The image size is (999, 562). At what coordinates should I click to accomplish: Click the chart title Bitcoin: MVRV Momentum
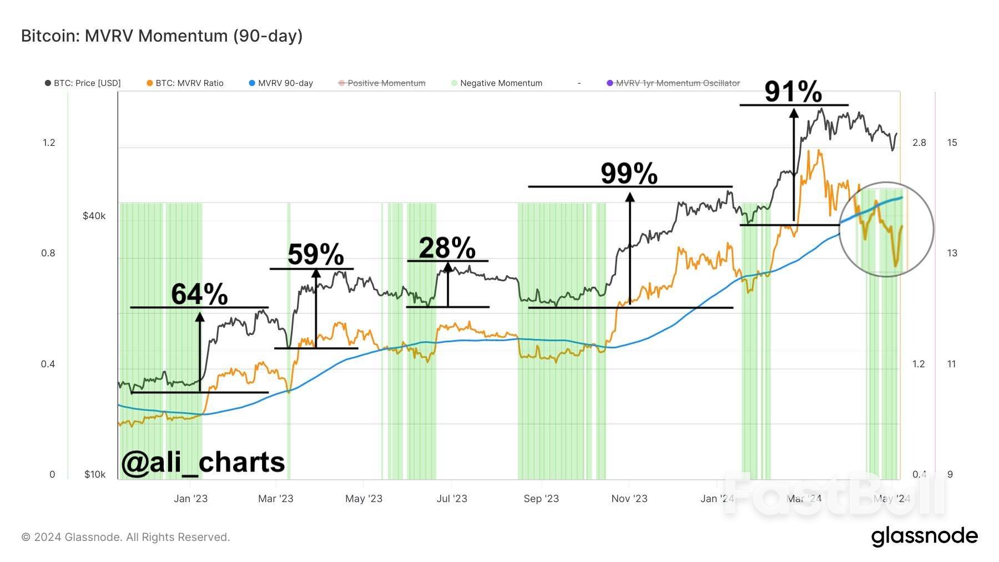(x=162, y=36)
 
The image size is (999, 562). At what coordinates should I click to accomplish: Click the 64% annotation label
(x=199, y=293)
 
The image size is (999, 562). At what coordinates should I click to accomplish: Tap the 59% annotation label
(x=316, y=255)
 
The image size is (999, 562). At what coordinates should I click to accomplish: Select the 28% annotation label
(x=447, y=248)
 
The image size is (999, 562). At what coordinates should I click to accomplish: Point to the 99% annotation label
(x=629, y=174)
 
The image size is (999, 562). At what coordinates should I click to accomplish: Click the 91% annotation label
(x=793, y=92)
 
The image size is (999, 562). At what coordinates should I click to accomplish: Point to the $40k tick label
(x=94, y=216)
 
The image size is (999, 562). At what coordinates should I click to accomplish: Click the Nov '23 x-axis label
(x=629, y=498)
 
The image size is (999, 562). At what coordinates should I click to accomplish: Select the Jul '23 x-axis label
(x=452, y=498)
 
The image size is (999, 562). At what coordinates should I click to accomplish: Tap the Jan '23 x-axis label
(x=190, y=498)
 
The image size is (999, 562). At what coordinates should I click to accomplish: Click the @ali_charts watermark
(x=203, y=462)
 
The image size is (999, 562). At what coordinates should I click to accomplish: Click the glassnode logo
(x=924, y=536)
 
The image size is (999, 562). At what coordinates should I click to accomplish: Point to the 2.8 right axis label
(x=919, y=143)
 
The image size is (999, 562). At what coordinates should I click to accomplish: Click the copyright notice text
(x=125, y=537)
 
